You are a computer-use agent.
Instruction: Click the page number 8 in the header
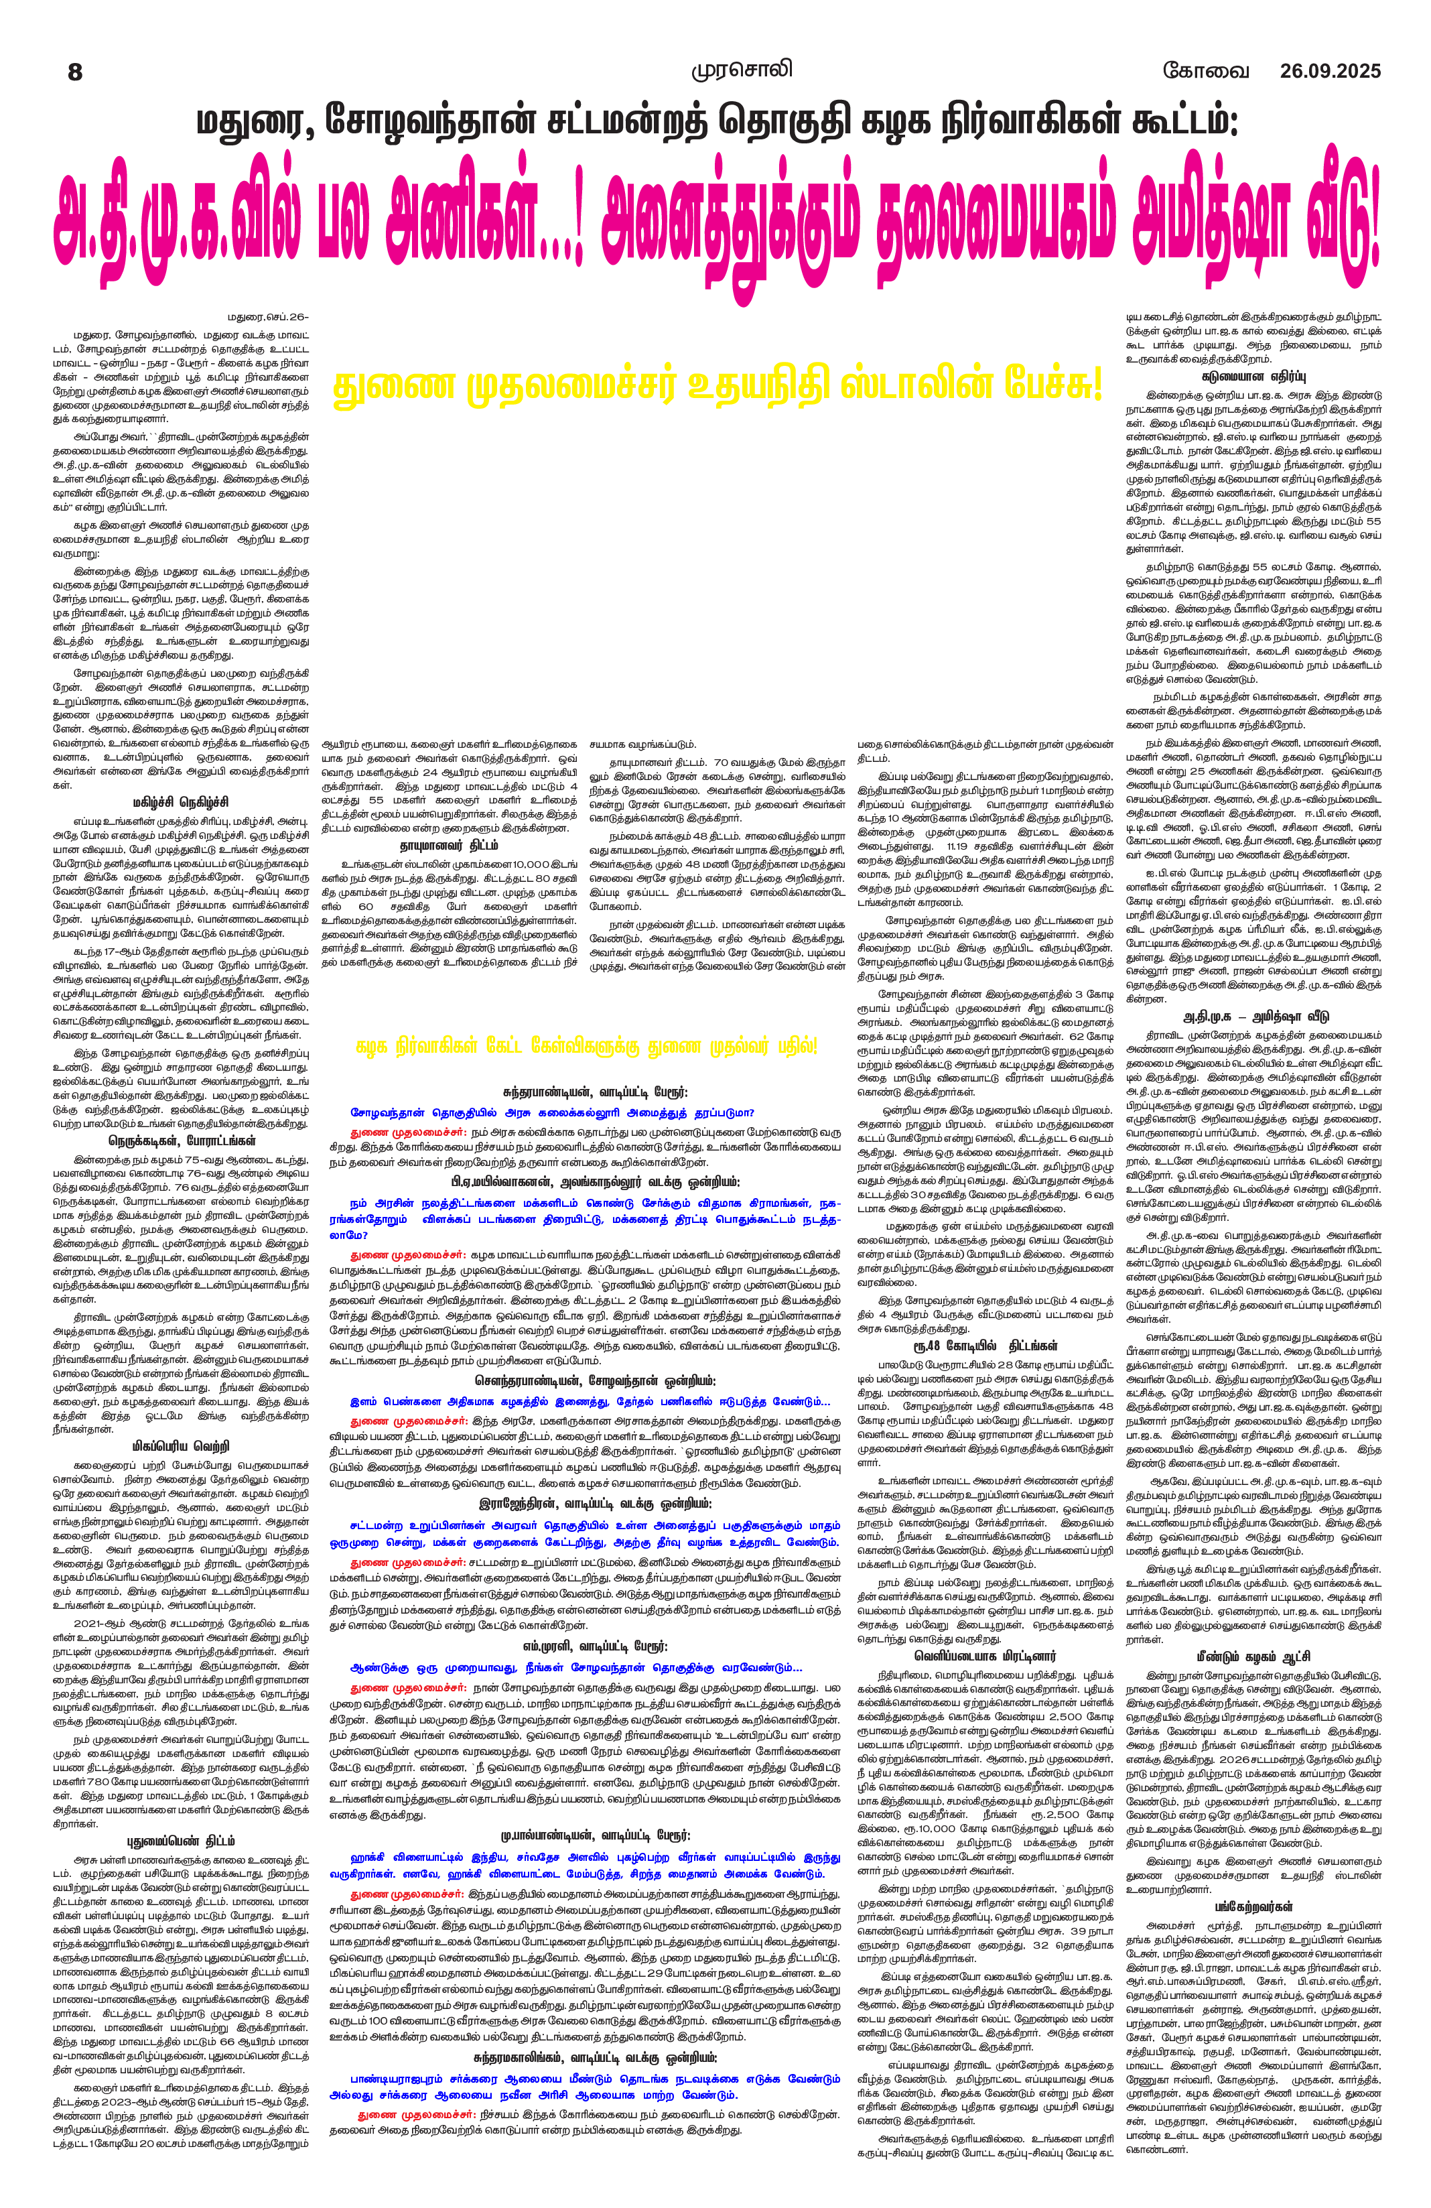click(x=75, y=72)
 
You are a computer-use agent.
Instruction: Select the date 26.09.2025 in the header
click(x=1330, y=72)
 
